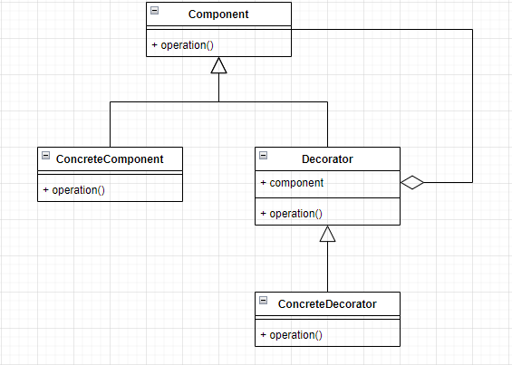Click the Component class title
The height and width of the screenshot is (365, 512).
218,14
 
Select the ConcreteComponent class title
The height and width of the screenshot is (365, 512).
110,158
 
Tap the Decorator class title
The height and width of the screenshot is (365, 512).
327,158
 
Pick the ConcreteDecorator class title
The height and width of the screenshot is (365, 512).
327,303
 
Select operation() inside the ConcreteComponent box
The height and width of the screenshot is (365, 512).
78,190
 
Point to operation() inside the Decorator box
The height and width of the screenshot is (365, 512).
295,214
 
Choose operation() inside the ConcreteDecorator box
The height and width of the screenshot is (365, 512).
295,335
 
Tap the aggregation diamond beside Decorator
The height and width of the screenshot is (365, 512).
412,183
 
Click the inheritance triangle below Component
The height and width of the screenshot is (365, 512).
218,65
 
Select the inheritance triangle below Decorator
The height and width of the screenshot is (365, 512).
327,234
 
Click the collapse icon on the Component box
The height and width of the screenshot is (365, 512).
155,10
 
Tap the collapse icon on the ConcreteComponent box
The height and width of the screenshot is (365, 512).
46,155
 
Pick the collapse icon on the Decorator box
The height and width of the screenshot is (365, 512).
264,155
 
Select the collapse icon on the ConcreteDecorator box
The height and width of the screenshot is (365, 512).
264,300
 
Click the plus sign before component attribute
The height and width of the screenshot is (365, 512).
263,183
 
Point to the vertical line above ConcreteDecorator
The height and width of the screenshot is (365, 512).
327,267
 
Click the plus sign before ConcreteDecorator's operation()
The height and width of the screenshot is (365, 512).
263,335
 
